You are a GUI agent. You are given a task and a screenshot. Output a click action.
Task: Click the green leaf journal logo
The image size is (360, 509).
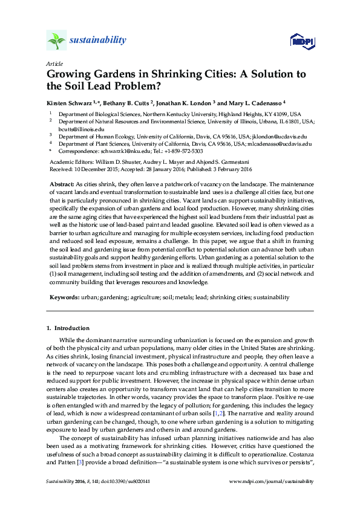(x=56, y=41)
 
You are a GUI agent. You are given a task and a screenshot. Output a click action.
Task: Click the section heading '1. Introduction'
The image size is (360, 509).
(x=68, y=328)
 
